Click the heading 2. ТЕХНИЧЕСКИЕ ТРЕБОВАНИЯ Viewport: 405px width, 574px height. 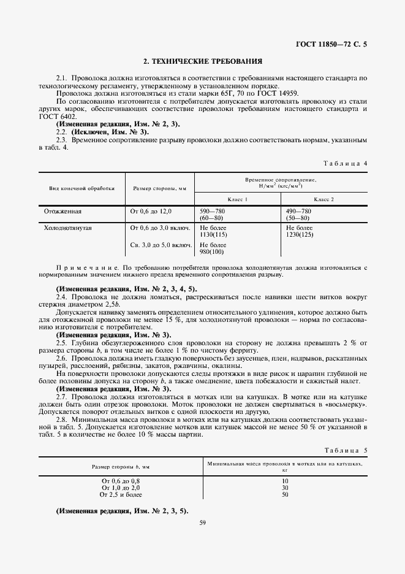202,61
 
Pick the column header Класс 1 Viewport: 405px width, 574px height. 237,199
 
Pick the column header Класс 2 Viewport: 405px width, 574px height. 324,199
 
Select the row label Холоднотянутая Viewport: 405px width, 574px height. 67,228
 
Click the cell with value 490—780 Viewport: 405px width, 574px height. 298,211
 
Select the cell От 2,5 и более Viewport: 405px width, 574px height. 120,494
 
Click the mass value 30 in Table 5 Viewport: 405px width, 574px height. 285,488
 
